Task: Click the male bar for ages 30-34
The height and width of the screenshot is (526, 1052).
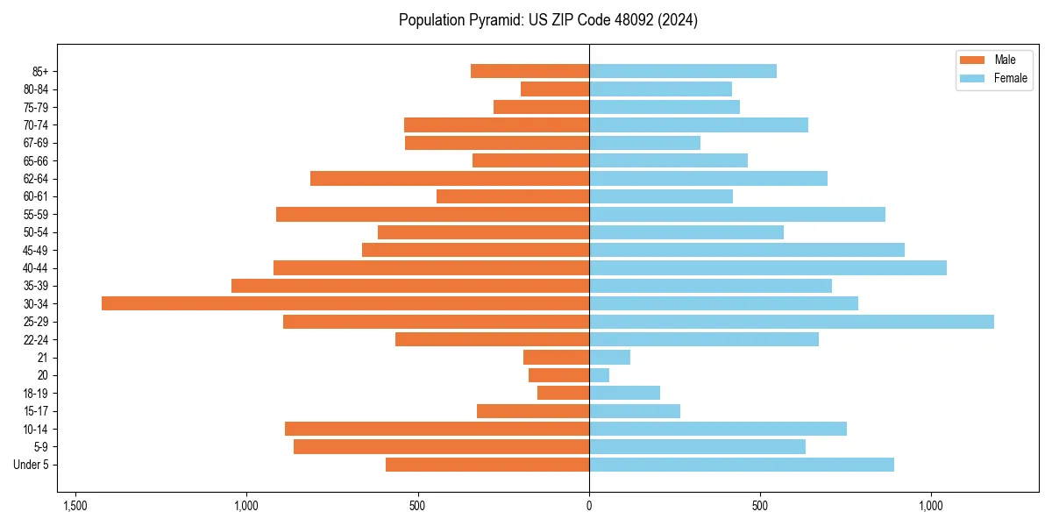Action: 345,303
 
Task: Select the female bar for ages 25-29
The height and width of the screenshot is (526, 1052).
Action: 792,322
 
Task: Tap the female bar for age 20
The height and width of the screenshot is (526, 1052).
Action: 599,375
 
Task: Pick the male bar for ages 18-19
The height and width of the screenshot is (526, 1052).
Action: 563,393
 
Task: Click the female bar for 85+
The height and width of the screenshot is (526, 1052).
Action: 683,71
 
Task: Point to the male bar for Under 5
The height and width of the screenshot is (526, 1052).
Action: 487,465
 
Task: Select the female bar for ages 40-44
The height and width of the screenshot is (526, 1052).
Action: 768,267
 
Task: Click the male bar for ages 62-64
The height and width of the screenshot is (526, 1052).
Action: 450,178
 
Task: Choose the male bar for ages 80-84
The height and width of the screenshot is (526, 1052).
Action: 555,89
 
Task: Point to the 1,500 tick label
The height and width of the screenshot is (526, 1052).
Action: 75,506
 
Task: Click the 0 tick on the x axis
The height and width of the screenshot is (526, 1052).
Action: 589,506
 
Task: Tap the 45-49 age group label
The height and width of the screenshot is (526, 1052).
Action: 36,250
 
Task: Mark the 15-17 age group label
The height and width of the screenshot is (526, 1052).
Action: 36,411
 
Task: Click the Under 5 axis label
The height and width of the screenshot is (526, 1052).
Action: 32,465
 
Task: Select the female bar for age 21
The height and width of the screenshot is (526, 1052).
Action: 609,357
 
